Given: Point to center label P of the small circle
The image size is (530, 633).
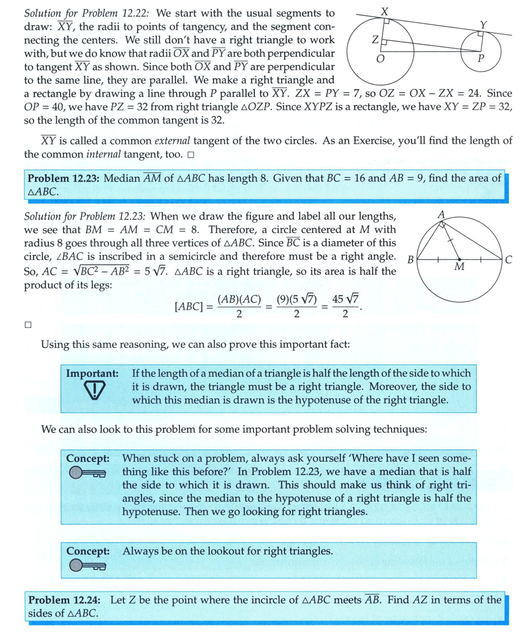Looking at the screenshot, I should (481, 59).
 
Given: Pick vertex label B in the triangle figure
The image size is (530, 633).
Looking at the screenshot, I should (409, 259).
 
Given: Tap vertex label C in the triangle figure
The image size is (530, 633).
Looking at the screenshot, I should (508, 259).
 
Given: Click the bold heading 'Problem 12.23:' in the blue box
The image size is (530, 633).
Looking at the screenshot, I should (63, 178).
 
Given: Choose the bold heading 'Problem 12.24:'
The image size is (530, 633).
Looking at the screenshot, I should (63, 600).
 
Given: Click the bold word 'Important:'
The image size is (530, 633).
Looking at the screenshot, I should (93, 373).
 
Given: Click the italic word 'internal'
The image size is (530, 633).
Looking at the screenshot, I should (122, 154).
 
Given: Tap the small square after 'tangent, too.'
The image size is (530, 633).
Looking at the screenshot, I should (190, 155).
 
